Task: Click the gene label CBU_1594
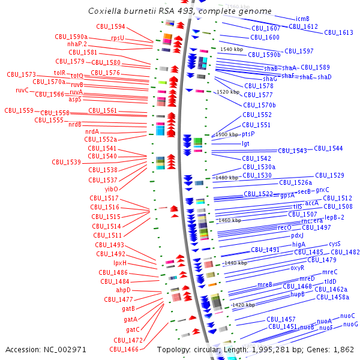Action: tap(110, 26)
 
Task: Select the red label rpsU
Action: tap(118, 38)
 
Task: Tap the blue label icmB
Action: tap(302, 19)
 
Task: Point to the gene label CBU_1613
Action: tap(338, 32)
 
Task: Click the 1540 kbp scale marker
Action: tap(231, 49)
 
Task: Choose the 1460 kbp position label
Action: tap(230, 220)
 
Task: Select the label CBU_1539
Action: tap(66, 162)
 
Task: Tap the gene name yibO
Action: tap(111, 188)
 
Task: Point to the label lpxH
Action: tap(120, 263)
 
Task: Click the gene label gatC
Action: tap(133, 329)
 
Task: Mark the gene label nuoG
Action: tap(350, 324)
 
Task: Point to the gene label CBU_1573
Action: tap(22, 74)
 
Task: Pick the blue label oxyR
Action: tap(302, 268)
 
